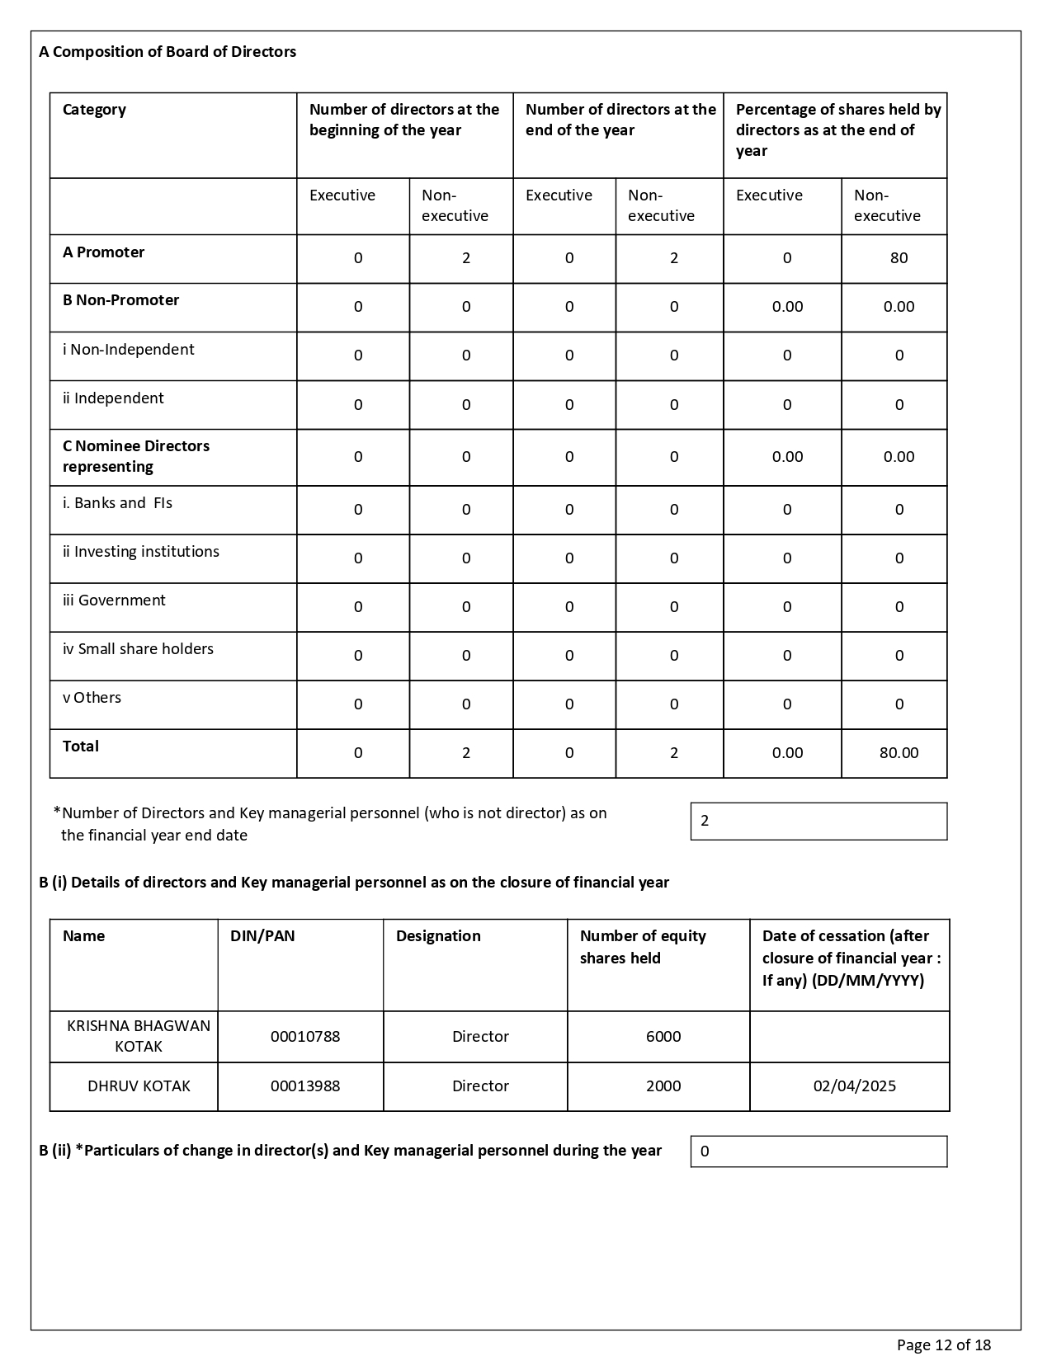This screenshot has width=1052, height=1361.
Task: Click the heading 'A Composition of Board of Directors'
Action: (x=167, y=52)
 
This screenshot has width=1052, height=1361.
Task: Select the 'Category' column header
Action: (x=94, y=110)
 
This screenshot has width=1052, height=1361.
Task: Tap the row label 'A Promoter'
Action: (x=103, y=252)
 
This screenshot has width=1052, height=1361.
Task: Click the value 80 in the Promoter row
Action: (x=899, y=258)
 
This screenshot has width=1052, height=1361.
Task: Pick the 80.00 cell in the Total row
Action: (x=899, y=753)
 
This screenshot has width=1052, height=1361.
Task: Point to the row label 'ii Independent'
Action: (x=113, y=398)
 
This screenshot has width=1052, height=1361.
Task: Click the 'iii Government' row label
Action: (x=114, y=600)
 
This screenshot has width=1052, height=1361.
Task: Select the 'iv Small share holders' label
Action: (x=138, y=649)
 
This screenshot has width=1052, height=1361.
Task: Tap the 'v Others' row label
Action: (x=92, y=698)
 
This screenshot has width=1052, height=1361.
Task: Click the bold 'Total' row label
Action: (x=81, y=746)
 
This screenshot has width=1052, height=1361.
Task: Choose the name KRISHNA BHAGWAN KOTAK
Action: (x=138, y=1036)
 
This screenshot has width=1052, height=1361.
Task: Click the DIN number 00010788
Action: (x=305, y=1037)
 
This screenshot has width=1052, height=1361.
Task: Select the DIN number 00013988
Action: (x=305, y=1086)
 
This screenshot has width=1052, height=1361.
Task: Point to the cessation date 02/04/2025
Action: (x=854, y=1086)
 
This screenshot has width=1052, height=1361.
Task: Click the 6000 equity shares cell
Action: (x=663, y=1037)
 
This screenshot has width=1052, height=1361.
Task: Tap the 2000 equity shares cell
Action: (x=663, y=1086)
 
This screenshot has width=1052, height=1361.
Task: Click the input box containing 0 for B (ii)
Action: (x=818, y=1151)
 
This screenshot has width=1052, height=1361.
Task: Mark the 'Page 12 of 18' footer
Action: (x=944, y=1345)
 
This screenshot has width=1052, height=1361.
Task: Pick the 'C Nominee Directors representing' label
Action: (x=136, y=456)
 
